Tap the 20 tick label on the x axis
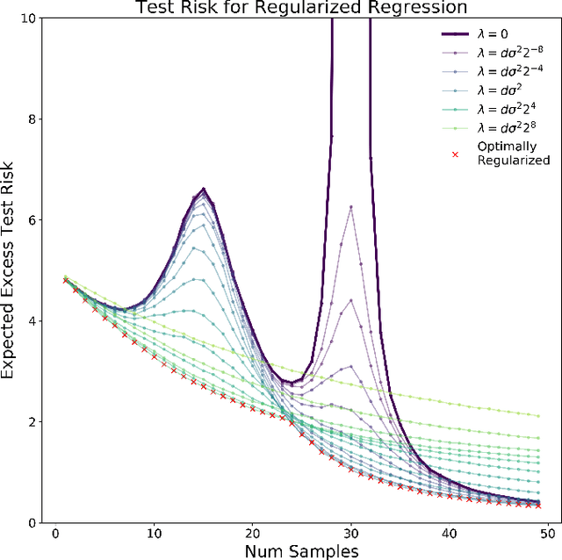click(253, 533)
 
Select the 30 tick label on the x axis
click(351, 533)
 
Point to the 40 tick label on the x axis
click(450, 533)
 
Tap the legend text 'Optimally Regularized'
click(513, 153)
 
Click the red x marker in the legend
click(454, 154)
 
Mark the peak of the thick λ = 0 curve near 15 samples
click(203, 189)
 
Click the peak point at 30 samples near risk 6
click(351, 207)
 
